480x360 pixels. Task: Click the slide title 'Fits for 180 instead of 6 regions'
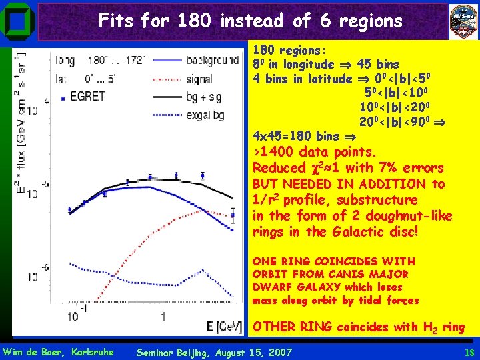250,21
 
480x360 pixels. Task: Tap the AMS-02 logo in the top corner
462,20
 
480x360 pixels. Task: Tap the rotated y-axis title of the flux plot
22,127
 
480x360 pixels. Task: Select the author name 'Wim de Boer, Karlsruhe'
58,352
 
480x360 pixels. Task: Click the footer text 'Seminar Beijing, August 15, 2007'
213,352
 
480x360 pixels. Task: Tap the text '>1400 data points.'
315,152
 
